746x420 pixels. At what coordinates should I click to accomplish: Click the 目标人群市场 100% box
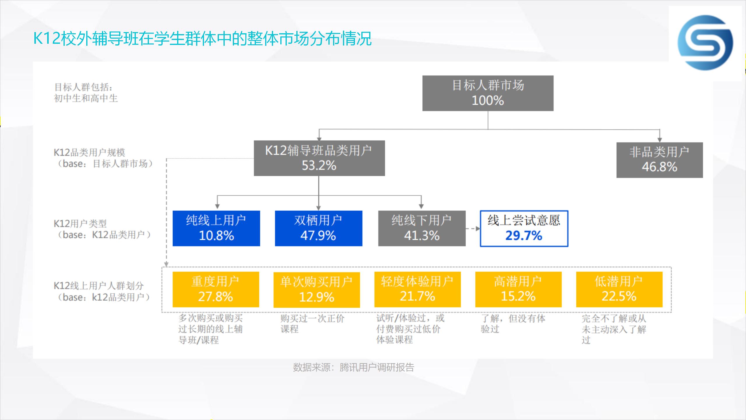[x=488, y=93]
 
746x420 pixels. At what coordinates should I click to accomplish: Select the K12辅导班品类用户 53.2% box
[x=319, y=158]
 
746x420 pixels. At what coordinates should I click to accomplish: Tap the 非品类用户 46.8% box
[x=659, y=160]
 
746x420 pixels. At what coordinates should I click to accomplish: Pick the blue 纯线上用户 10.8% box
[x=216, y=228]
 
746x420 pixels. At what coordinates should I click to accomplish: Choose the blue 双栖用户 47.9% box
[x=319, y=228]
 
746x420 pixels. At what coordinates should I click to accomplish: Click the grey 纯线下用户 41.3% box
[x=422, y=228]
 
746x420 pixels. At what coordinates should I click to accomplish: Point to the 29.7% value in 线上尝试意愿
[x=524, y=236]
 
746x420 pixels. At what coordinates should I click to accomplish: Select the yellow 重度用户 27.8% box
[x=216, y=289]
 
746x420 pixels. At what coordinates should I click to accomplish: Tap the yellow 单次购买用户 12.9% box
[x=316, y=290]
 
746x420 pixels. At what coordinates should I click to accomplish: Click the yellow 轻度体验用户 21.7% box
[x=417, y=289]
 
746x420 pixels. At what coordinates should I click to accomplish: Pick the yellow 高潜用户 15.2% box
[x=518, y=289]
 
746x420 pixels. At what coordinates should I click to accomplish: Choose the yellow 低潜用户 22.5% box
[x=619, y=289]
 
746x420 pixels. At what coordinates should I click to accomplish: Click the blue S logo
[x=705, y=43]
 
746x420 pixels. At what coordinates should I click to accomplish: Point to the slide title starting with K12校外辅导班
[x=203, y=38]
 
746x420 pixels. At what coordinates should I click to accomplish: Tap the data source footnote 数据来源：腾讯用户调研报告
[x=353, y=367]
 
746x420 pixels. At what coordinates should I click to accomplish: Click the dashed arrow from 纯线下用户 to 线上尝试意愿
[x=473, y=229]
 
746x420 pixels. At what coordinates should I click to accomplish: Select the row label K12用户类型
[x=80, y=224]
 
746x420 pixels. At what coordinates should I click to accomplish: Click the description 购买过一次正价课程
[x=312, y=323]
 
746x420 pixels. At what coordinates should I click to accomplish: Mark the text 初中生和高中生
[x=86, y=98]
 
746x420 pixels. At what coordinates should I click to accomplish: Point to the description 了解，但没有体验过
[x=513, y=323]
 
